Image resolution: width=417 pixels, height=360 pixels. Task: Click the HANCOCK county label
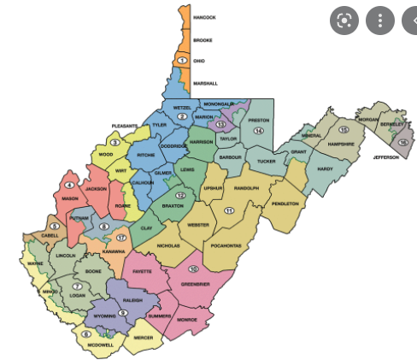204,17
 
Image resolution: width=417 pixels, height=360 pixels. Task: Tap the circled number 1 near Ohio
182,61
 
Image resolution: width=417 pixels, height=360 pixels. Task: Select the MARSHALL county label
205,83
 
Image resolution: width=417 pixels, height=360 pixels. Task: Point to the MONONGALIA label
218,103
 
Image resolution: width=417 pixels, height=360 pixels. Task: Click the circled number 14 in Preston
257,131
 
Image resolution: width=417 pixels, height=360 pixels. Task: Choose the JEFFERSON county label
385,157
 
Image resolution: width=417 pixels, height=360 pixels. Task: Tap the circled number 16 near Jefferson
402,142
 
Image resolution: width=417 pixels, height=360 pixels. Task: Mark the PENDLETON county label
285,204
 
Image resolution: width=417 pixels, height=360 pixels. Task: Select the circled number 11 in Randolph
229,210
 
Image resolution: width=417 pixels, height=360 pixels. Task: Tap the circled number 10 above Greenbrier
193,269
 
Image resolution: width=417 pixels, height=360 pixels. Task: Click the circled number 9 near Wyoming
123,313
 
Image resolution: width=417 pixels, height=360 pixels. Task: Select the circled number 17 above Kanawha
121,237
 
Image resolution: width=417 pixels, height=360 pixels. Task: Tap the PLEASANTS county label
125,126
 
